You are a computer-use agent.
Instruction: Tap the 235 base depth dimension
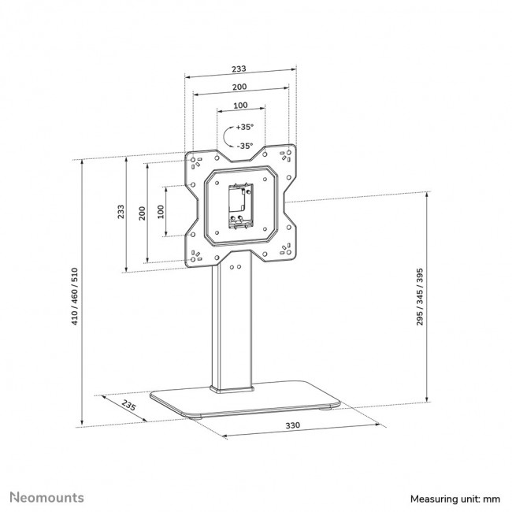coord(132,406)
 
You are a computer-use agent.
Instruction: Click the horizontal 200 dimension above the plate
coord(239,87)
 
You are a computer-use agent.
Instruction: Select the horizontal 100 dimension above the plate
coord(239,105)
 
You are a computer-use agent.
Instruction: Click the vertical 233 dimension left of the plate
coord(121,213)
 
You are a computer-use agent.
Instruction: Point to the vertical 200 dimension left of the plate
coord(141,213)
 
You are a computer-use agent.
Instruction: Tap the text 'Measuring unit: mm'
coord(454,499)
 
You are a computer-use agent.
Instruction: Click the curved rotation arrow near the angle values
coord(228,135)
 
